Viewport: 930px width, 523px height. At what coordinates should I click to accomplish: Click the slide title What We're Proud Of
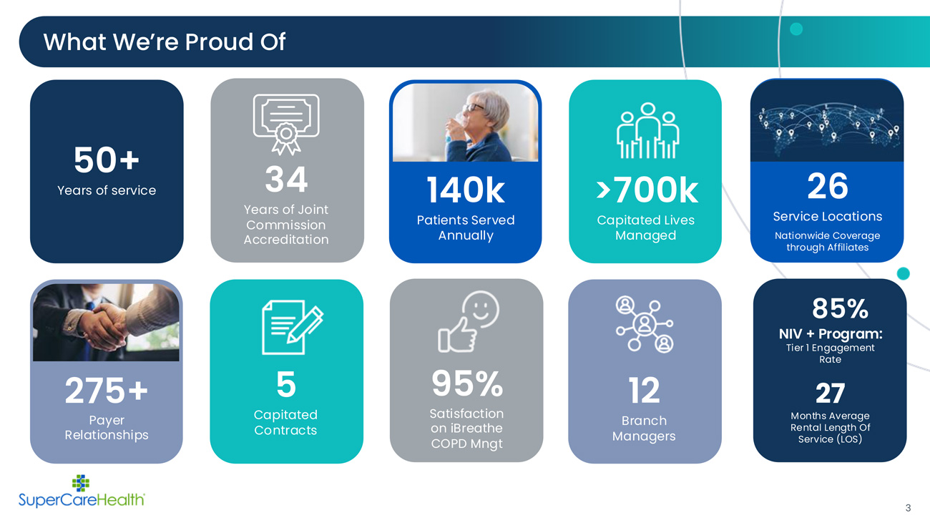click(165, 41)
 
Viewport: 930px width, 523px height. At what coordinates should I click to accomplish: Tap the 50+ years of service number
click(107, 160)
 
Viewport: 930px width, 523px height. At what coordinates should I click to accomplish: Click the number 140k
click(466, 190)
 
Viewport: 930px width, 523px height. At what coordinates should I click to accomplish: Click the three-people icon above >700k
click(647, 130)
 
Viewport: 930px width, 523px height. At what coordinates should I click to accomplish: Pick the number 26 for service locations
click(828, 185)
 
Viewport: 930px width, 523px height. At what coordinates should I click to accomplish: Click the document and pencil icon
click(293, 327)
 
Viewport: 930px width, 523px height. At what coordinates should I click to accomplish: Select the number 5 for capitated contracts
click(286, 384)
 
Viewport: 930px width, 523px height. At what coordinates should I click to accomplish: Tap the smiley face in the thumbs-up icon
click(481, 309)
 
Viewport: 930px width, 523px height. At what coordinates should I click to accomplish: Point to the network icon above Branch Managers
click(645, 324)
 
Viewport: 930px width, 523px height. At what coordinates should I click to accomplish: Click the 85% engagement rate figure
click(840, 308)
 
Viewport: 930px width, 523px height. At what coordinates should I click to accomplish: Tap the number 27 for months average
click(830, 393)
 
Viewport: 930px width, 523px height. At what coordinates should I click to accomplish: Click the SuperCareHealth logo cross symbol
click(81, 483)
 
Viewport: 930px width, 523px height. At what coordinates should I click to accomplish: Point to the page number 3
click(908, 508)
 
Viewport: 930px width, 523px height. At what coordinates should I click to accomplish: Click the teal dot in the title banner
click(796, 29)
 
